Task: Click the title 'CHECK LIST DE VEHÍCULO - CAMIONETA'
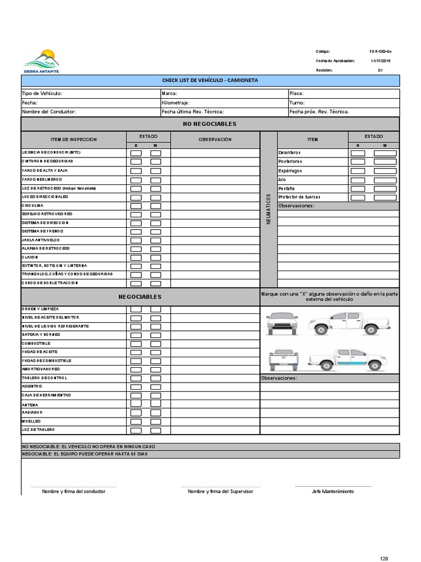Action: tap(210, 81)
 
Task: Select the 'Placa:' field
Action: tap(344, 94)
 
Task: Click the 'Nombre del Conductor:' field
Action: tap(90, 111)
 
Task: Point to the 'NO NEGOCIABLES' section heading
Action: tap(210, 124)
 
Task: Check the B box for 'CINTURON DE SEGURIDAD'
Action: tap(136, 162)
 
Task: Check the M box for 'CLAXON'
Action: tap(156, 257)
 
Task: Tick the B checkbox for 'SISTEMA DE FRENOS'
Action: tap(136, 231)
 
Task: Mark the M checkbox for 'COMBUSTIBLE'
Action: tap(156, 344)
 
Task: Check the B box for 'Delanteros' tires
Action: tap(357, 153)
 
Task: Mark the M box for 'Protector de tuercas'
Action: tap(385, 198)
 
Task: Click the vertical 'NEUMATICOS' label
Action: tap(269, 209)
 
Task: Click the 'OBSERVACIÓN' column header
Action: tap(215, 139)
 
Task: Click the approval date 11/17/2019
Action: tap(380, 61)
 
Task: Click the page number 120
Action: tap(384, 558)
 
